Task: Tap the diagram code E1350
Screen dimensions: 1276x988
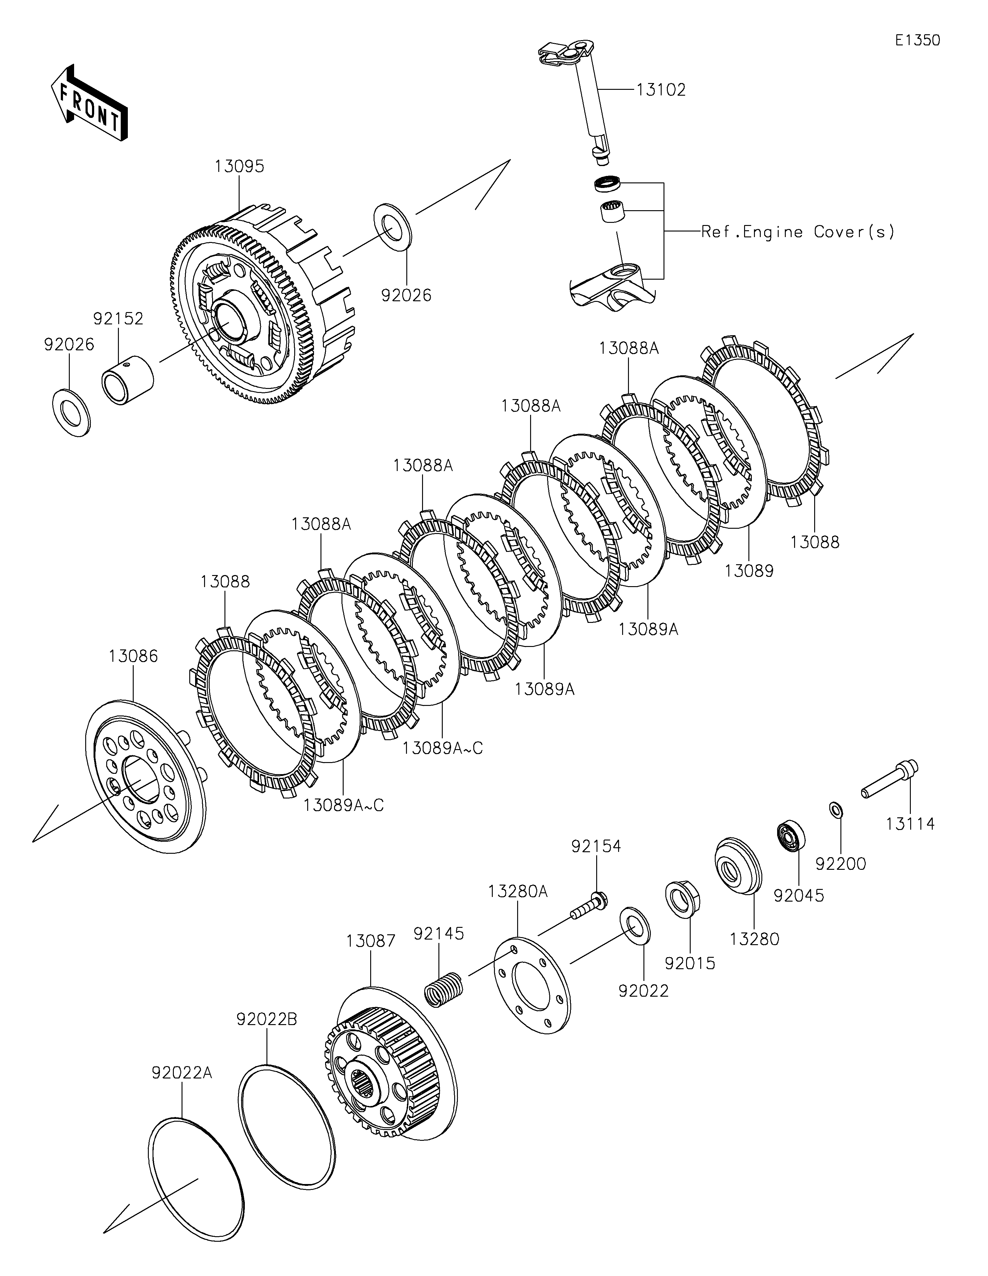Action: (x=917, y=40)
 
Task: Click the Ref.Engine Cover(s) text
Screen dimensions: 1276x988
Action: (x=798, y=232)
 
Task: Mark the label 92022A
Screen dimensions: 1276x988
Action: (x=182, y=1073)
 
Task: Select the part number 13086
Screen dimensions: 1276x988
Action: (x=133, y=656)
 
